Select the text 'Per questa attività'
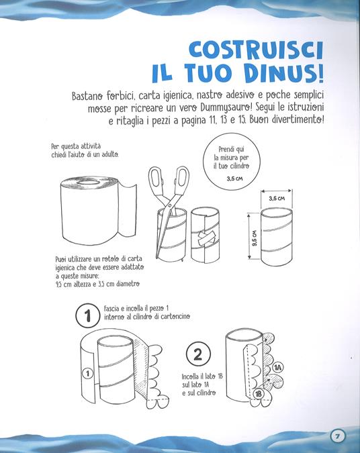coord(75,146)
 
